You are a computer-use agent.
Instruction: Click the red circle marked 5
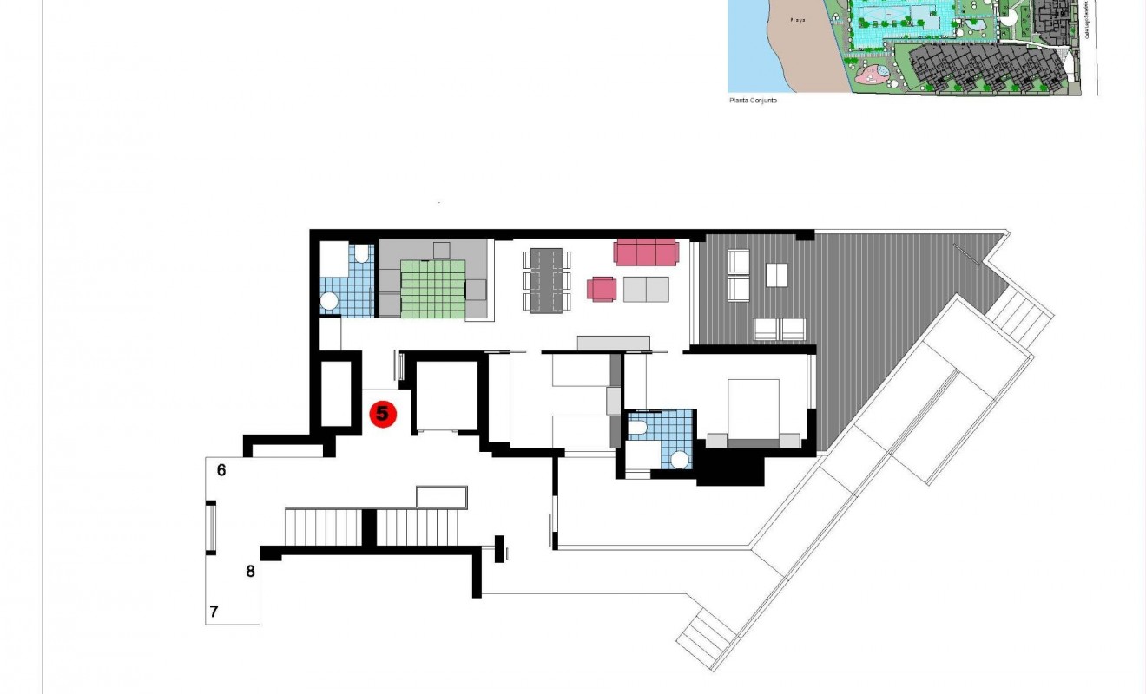383,415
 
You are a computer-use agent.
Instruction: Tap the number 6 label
221,470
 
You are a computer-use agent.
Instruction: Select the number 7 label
214,612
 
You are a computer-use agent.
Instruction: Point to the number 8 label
250,571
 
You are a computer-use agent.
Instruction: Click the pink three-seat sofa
645,252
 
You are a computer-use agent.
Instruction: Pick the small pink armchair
603,289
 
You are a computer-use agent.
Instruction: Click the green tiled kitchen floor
433,289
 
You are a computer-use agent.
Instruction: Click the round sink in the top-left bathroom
330,301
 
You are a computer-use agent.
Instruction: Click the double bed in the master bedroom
753,410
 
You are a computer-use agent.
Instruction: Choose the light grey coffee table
646,289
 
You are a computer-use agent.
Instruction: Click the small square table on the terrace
777,275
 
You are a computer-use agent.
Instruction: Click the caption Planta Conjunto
753,101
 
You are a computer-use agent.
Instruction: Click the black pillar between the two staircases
369,527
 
